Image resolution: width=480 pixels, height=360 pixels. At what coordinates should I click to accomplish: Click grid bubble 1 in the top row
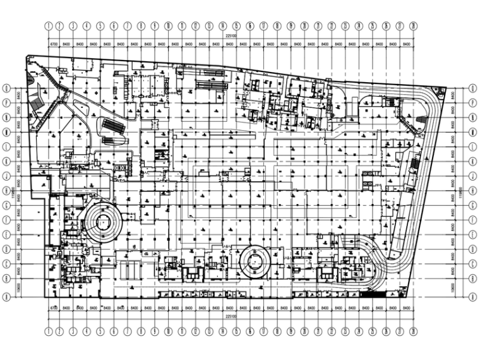pos(48,26)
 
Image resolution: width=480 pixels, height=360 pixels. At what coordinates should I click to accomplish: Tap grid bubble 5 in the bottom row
pos(100,330)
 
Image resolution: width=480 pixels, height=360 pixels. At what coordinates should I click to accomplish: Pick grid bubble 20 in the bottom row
pos(304,330)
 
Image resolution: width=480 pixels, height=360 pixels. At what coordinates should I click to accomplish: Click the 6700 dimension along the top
pos(54,44)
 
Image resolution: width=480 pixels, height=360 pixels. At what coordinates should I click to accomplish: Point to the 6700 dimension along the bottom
pos(54,308)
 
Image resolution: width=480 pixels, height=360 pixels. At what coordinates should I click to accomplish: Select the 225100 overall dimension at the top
pos(230,37)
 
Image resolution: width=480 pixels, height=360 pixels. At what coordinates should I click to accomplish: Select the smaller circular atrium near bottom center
pos(255,260)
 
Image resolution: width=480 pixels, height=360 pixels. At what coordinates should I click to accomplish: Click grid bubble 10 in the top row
pos(169,26)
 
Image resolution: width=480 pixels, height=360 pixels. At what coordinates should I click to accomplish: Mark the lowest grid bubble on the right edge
pos(472,296)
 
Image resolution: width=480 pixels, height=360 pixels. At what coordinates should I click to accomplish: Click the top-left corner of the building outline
pos(27,57)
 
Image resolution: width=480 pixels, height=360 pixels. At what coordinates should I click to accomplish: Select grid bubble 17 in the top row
pos(263,26)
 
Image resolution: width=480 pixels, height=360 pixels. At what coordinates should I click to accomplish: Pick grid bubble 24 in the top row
pos(359,26)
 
